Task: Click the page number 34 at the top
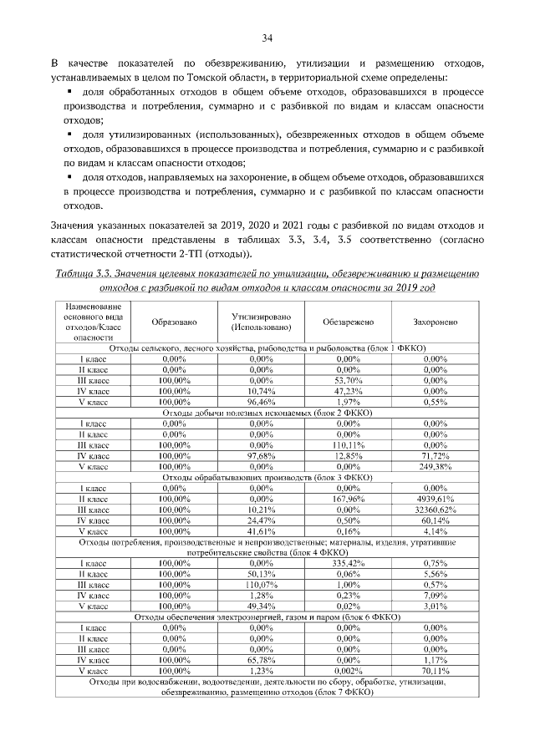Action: pos(267,38)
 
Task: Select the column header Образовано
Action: pos(174,322)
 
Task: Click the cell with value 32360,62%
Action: pos(436,509)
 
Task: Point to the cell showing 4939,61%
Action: pos(436,498)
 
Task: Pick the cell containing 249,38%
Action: pos(436,465)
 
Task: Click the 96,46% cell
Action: pos(262,401)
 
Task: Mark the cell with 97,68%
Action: pos(262,454)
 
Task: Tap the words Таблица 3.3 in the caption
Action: pos(85,273)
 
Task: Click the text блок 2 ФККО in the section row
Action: pos(347,412)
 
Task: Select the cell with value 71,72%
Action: pos(436,454)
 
